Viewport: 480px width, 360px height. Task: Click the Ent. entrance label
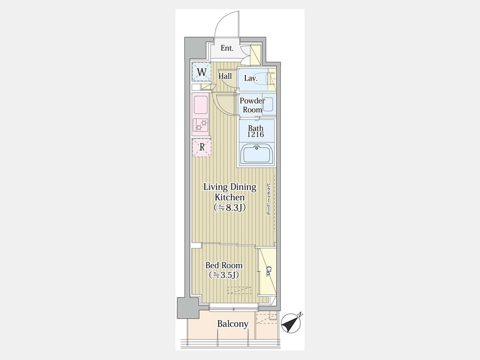click(x=227, y=48)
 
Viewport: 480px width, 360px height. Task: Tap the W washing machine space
click(x=202, y=72)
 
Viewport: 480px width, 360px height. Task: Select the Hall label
click(x=225, y=76)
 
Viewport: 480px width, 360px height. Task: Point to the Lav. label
click(x=251, y=78)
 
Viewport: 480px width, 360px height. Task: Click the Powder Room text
click(x=252, y=105)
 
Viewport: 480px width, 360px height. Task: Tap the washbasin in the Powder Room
click(x=268, y=105)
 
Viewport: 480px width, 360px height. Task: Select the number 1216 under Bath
click(x=255, y=134)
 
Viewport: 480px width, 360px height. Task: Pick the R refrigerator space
click(x=202, y=148)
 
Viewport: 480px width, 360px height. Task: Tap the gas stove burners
click(x=201, y=125)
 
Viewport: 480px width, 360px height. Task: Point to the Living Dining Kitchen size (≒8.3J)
click(x=229, y=208)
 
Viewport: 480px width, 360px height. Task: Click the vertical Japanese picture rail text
click(x=268, y=199)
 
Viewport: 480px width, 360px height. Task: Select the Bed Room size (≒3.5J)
click(x=224, y=275)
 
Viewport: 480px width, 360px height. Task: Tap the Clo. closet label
click(x=268, y=271)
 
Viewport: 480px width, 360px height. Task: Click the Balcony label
click(x=233, y=324)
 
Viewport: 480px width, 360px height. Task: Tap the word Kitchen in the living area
click(x=229, y=197)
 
